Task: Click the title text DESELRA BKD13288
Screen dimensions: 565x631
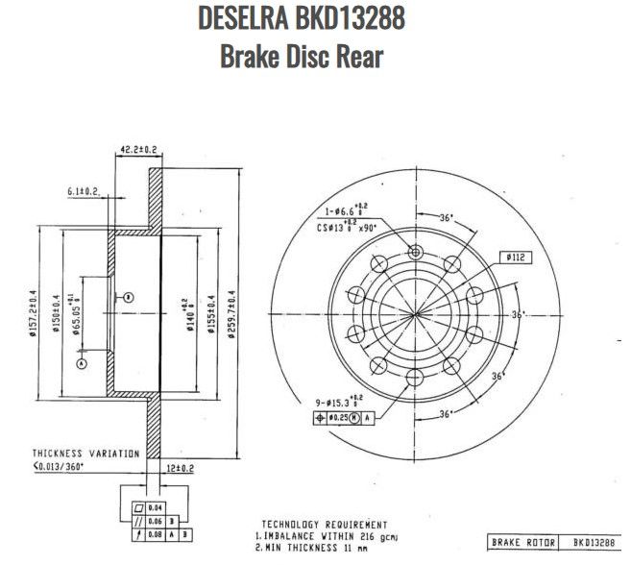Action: pos(301,17)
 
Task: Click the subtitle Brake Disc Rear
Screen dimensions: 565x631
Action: pos(301,57)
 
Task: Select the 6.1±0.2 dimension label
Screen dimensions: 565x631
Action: pos(85,192)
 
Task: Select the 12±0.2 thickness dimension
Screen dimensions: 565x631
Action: pos(180,468)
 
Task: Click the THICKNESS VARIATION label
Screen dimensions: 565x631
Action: pos(85,453)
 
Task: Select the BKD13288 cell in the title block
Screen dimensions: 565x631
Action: pos(589,543)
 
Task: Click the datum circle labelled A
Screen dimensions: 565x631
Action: pos(82,364)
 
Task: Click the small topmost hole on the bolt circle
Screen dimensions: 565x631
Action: pos(415,252)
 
